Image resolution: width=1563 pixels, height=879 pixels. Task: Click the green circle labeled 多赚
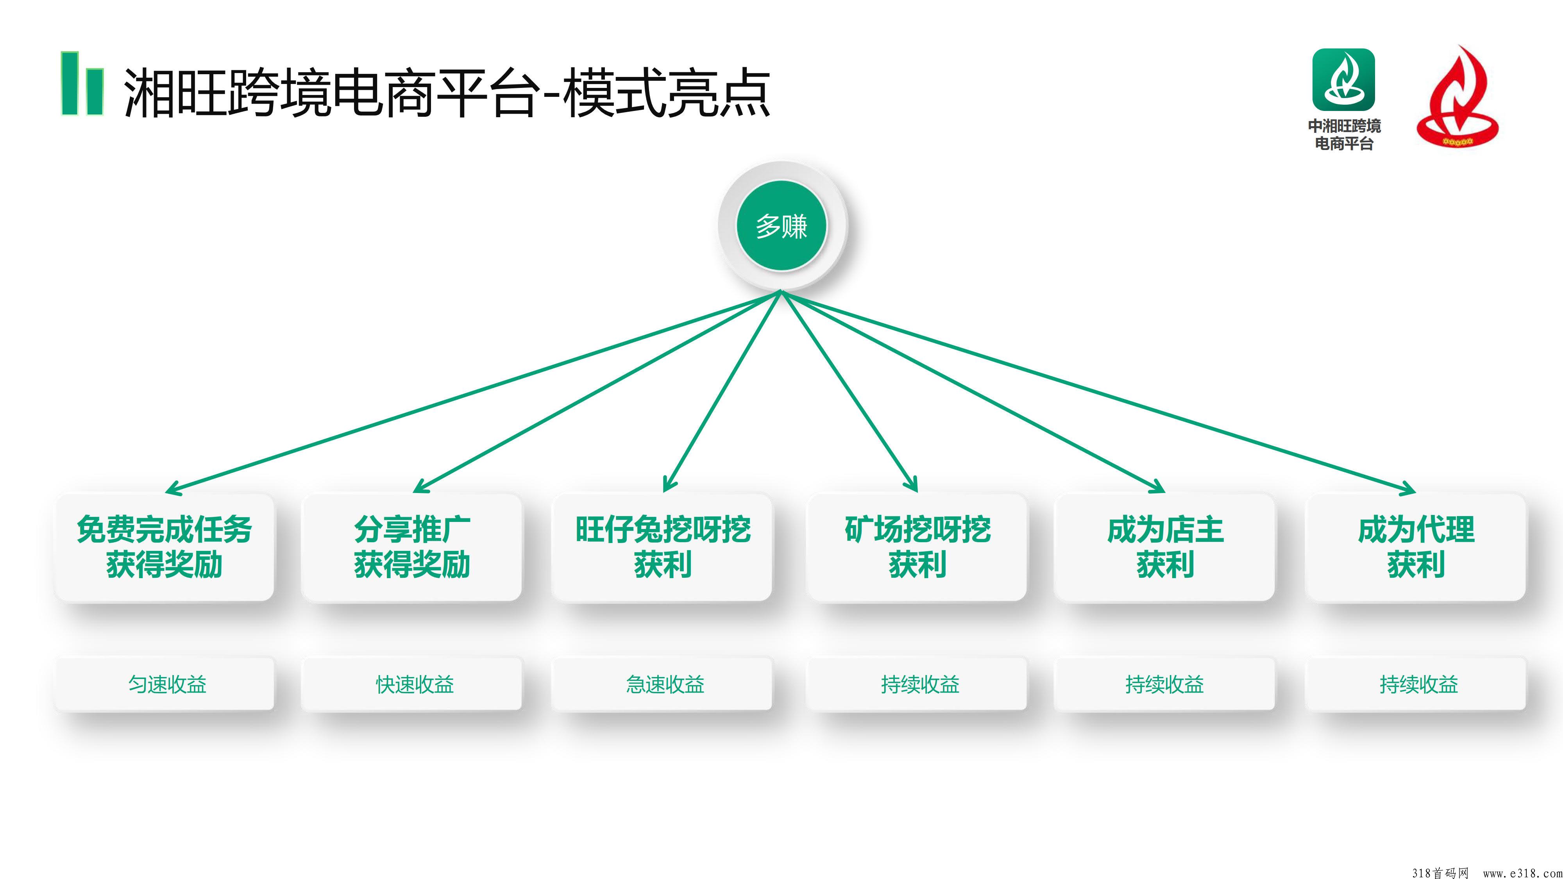click(x=781, y=226)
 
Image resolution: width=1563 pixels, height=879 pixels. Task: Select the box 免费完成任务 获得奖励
click(x=165, y=547)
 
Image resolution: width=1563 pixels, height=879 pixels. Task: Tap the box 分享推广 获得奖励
click(x=412, y=547)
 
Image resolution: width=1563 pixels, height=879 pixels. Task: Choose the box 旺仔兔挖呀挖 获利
click(x=663, y=547)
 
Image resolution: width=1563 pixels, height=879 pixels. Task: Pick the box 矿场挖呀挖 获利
click(x=917, y=547)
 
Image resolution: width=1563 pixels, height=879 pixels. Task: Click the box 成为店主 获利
click(x=1165, y=547)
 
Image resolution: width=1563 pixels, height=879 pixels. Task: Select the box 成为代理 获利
click(x=1416, y=547)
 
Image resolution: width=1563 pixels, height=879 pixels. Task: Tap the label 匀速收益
click(x=167, y=684)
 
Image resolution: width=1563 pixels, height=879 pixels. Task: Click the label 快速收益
click(x=415, y=684)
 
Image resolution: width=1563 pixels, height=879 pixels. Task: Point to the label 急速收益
click(x=665, y=684)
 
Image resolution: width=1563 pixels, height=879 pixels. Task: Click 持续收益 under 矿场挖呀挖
click(x=920, y=684)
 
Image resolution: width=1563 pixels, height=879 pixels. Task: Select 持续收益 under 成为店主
click(x=1164, y=684)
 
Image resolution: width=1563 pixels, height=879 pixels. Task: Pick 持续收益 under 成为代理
click(x=1418, y=684)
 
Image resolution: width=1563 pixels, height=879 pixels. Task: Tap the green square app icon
click(x=1344, y=79)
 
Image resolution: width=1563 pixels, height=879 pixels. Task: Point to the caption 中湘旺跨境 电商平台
click(x=1344, y=134)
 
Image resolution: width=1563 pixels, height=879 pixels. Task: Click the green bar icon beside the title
click(x=82, y=84)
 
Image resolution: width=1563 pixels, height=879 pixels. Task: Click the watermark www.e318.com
click(x=1522, y=872)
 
